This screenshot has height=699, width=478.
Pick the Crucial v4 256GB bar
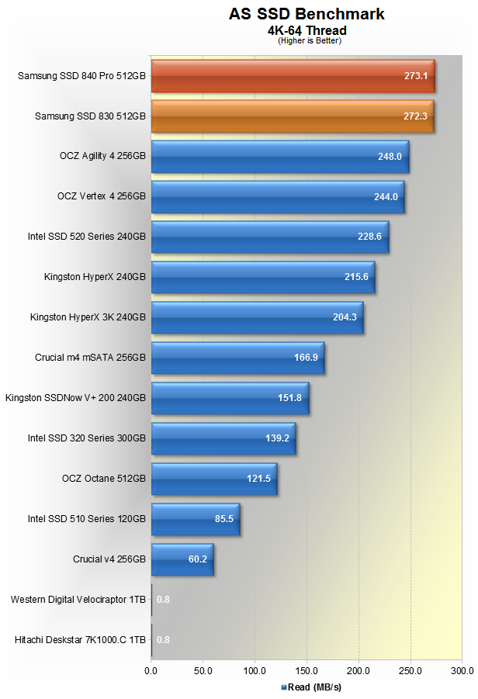click(x=182, y=559)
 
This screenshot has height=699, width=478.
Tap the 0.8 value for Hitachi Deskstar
click(x=163, y=640)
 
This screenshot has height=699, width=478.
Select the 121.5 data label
click(x=258, y=479)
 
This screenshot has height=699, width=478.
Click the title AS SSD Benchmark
click(x=307, y=14)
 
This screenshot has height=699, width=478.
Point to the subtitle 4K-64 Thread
click(x=307, y=30)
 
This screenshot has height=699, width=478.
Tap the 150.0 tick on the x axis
click(x=307, y=670)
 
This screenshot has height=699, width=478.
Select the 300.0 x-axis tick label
click(x=462, y=670)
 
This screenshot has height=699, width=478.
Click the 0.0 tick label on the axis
click(x=151, y=670)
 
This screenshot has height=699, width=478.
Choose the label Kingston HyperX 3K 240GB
click(x=88, y=317)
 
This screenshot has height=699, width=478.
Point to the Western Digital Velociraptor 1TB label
click(x=78, y=600)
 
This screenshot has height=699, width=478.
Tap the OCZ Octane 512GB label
click(x=103, y=479)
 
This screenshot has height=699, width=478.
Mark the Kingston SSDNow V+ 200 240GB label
click(x=75, y=398)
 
